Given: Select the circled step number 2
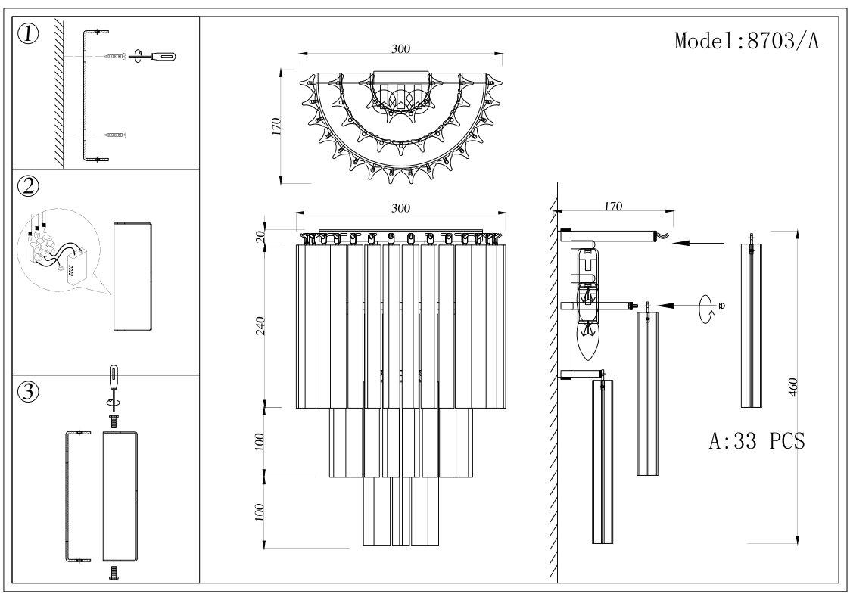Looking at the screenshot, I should pyautogui.click(x=29, y=186).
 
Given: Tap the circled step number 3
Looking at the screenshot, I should pyautogui.click(x=29, y=392).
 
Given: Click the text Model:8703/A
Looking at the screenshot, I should pyautogui.click(x=746, y=41).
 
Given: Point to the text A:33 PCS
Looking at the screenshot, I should pyautogui.click(x=756, y=442).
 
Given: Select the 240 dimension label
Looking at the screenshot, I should pyautogui.click(x=261, y=326).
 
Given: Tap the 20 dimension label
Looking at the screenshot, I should pyautogui.click(x=261, y=235).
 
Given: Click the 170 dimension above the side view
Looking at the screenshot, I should pyautogui.click(x=613, y=205).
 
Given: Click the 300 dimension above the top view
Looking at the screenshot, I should pyautogui.click(x=400, y=48).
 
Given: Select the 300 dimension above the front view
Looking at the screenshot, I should pyautogui.click(x=400, y=207).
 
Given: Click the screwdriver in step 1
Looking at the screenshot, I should pyautogui.click(x=161, y=55).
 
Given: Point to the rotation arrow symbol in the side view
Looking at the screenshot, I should pyautogui.click(x=707, y=306).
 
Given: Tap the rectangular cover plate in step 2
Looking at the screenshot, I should pyautogui.click(x=132, y=277).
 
